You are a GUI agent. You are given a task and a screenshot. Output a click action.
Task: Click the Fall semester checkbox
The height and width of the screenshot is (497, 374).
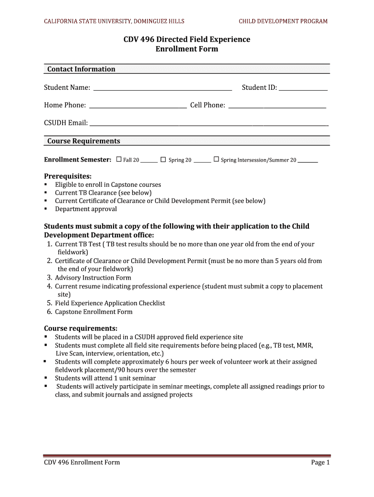pos(119,159)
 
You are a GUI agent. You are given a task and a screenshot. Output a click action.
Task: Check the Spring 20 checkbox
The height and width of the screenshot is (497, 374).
pos(163,159)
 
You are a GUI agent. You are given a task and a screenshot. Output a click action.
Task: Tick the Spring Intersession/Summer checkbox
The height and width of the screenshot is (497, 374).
pos(216,159)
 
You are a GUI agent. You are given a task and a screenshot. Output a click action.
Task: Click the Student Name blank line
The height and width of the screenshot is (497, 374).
pos(162,88)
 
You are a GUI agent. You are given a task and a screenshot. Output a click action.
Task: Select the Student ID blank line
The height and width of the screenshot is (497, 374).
pos(303,88)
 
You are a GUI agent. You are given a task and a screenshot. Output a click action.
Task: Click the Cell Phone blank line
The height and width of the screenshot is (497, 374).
pos(277,106)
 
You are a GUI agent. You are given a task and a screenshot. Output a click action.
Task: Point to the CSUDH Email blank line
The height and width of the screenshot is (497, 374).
pos(209,123)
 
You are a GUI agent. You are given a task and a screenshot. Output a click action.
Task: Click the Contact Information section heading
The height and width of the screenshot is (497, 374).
pos(81,69)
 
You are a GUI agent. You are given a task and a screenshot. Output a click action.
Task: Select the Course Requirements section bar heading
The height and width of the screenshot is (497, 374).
pos(84,141)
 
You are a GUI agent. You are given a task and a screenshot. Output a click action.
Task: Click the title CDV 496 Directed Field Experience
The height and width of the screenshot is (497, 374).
pos(187,39)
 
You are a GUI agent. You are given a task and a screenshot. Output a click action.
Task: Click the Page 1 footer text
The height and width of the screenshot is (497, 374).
pos(320,462)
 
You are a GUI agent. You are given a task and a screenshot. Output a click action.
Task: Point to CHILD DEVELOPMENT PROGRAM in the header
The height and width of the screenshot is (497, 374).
pos(283,21)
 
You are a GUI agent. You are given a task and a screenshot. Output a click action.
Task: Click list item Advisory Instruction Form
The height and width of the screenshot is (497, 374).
pos(93,278)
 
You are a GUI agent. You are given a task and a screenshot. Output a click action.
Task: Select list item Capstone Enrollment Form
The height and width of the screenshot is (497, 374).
pos(93,312)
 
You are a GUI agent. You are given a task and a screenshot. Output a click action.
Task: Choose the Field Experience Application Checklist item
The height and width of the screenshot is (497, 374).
pos(110,303)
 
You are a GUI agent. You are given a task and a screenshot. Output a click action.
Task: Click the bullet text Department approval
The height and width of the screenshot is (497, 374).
pos(85,209)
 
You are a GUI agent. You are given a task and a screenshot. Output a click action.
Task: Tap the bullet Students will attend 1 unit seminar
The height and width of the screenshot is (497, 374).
pos(105,378)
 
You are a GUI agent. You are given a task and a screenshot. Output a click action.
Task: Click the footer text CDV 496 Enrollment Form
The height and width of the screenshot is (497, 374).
pos(82,462)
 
